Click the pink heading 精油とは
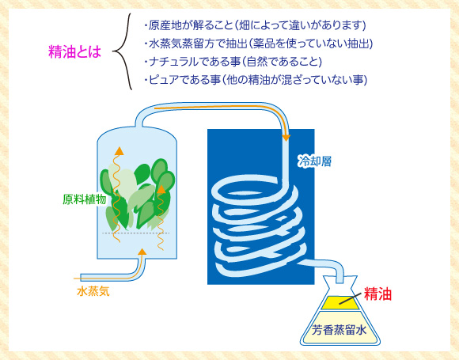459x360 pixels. [74, 51]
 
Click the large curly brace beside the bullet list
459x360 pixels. [123, 51]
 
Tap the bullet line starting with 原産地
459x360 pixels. [256, 25]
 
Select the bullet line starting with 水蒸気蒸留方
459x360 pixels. [259, 44]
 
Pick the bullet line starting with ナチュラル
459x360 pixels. [233, 62]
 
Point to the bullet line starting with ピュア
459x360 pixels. [256, 80]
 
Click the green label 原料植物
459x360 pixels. [85, 199]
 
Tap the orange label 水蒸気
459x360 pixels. [93, 291]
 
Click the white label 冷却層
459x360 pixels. [315, 161]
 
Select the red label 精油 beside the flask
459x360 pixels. [377, 294]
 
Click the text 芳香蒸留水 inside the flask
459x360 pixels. [339, 330]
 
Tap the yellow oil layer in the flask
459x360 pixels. [340, 302]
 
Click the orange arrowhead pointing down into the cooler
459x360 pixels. [286, 137]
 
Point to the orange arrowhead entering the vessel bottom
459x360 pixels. [142, 252]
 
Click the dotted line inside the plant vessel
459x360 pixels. [136, 233]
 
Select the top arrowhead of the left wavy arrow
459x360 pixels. [119, 151]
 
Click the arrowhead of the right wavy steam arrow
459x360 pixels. [161, 189]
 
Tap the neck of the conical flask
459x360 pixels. [340, 280]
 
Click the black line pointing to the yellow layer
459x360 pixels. [350, 298]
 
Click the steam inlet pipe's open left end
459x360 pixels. [81, 278]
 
